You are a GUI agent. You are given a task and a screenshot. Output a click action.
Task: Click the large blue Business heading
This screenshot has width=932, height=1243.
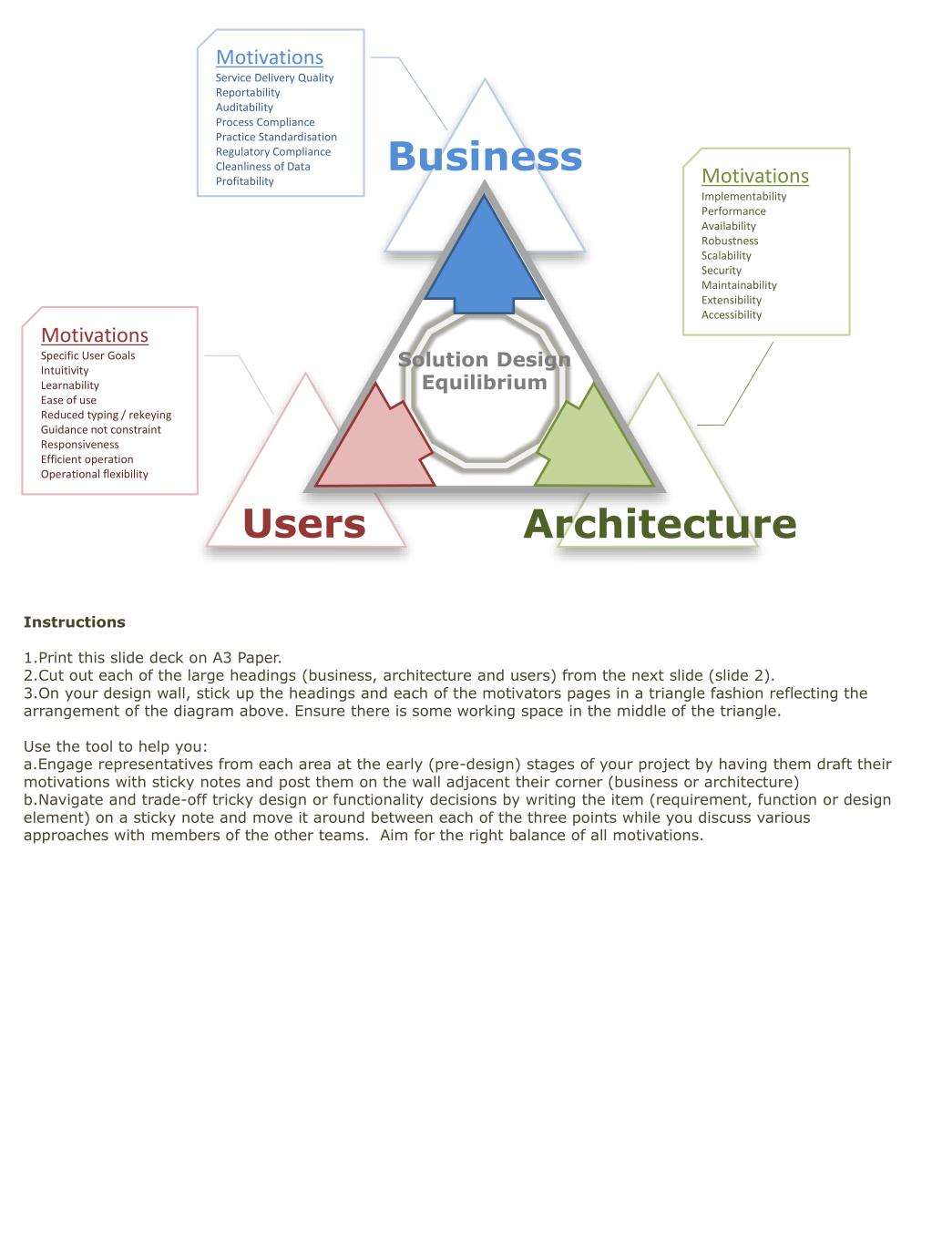[485, 156]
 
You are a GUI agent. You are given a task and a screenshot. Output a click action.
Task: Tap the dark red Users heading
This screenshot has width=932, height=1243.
[303, 524]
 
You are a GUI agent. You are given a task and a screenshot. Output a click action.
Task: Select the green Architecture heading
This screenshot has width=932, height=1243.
[660, 524]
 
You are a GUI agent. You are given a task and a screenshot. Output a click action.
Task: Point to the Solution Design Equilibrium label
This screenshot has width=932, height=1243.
[485, 371]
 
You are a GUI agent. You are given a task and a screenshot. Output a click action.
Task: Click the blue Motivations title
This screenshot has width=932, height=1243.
[269, 57]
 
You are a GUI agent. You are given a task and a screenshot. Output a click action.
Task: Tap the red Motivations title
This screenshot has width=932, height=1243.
[94, 335]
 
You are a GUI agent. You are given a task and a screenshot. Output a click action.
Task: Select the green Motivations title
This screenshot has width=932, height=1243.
[754, 176]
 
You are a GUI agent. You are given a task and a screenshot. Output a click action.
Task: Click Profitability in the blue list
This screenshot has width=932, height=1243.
[244, 181]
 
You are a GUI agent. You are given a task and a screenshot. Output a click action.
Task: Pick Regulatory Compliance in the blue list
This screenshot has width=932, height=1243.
[272, 152]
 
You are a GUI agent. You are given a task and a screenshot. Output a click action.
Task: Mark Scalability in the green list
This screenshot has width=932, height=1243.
[726, 256]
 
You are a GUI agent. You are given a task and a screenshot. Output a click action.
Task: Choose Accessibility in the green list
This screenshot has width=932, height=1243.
[731, 315]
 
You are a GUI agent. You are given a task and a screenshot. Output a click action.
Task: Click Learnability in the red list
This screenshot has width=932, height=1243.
[69, 385]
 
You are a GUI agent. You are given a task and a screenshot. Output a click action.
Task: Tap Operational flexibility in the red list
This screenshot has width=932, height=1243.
[94, 475]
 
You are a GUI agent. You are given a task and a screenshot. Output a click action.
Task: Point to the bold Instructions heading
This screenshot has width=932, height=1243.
[74, 622]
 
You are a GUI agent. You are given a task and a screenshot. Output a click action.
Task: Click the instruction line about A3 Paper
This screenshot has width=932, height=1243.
[153, 658]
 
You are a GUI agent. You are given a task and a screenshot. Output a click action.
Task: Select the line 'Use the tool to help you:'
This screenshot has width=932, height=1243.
[116, 746]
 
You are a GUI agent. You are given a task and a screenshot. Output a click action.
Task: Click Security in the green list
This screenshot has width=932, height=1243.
[721, 271]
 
